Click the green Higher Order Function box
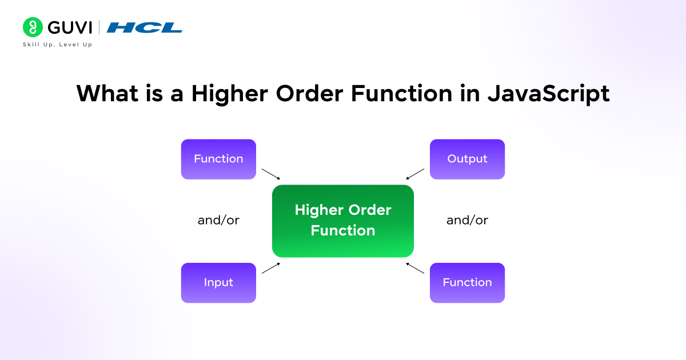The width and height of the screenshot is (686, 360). [x=342, y=221]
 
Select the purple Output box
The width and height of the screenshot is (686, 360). [x=467, y=159]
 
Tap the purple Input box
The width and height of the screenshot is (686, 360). [x=218, y=282]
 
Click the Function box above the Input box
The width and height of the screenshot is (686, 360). [x=218, y=159]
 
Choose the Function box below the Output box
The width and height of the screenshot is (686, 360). [x=467, y=282]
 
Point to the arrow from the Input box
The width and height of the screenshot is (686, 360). [x=271, y=268]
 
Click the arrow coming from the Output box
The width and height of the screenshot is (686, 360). [x=415, y=174]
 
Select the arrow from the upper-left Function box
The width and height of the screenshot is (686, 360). [x=271, y=174]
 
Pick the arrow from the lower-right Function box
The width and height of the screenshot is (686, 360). [x=415, y=268]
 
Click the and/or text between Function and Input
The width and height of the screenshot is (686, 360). [x=218, y=221]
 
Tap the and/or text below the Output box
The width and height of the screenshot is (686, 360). [x=467, y=221]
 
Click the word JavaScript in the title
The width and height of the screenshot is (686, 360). [x=548, y=93]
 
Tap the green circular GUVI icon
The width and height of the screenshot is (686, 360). [x=32, y=27]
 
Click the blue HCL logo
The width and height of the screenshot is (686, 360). [x=145, y=27]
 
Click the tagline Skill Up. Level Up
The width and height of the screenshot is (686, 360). [x=57, y=45]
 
